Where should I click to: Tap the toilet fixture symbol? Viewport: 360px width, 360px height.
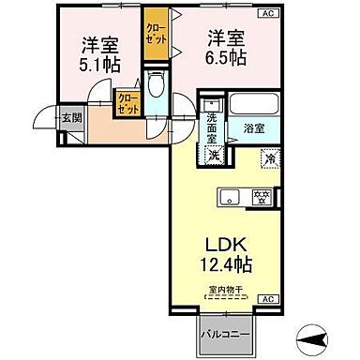(155, 91)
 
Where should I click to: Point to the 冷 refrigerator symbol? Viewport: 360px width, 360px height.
(270, 157)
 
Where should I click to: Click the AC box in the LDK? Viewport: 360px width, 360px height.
(267, 297)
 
